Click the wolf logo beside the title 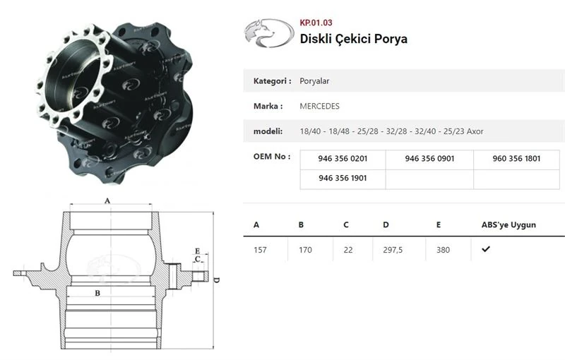pos(268,33)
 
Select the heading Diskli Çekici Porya pos(353,38)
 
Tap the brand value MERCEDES pos(319,106)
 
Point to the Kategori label pos(272,81)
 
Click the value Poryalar pos(314,81)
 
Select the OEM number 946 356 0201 pos(343,159)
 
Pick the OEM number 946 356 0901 pos(429,159)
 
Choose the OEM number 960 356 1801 pos(516,159)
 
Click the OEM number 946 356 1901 pos(343,179)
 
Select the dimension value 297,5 pos(392,250)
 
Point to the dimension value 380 pos(443,250)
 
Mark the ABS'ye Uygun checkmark pos(486,249)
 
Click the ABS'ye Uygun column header pos(509,225)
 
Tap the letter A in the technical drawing pos(107,200)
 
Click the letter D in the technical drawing pos(217,280)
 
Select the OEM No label pos(271,157)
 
